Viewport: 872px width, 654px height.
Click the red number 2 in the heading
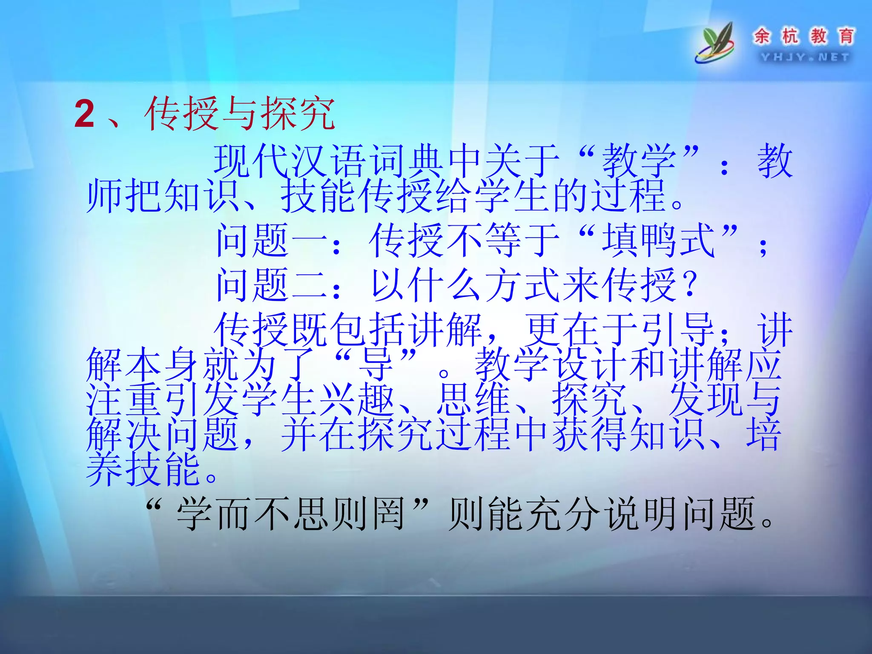[x=85, y=114]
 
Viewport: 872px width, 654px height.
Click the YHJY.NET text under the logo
[x=805, y=57]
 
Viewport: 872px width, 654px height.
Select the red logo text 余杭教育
[x=804, y=36]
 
